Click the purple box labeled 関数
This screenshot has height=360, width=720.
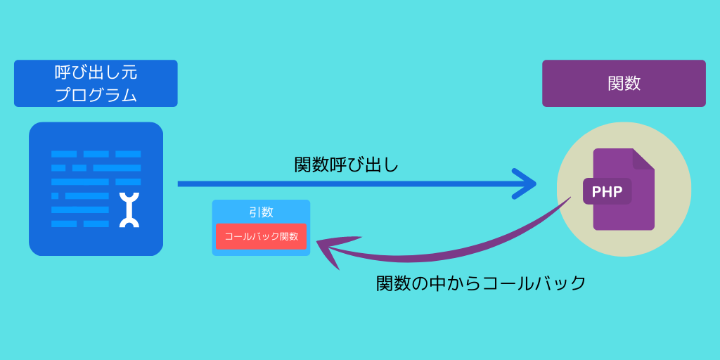(x=624, y=83)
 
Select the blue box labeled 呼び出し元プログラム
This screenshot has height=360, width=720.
(x=96, y=83)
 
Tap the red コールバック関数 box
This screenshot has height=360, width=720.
(x=261, y=236)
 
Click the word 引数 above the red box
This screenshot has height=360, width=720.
(x=262, y=212)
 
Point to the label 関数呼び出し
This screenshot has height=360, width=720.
(x=346, y=165)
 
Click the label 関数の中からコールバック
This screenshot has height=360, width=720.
(x=481, y=283)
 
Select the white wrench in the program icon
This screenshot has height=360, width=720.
(x=129, y=210)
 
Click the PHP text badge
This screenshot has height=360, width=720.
(x=607, y=191)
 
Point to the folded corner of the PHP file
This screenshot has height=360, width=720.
(x=643, y=159)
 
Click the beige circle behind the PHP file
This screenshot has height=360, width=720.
(x=624, y=189)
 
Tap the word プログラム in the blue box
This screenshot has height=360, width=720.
(x=96, y=95)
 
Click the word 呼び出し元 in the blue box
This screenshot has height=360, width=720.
(x=96, y=72)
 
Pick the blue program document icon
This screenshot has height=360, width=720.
(x=96, y=188)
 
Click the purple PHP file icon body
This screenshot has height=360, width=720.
(x=624, y=189)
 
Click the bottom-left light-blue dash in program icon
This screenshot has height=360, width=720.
(x=64, y=224)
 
